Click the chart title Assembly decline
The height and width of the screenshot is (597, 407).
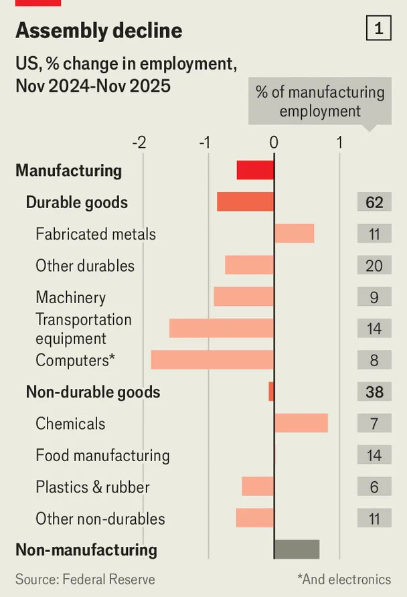[98, 31]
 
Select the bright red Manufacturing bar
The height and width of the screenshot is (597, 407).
[255, 170]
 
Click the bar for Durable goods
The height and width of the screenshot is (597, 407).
[245, 201]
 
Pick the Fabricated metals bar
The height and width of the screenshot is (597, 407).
[294, 234]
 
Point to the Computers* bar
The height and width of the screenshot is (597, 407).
[212, 360]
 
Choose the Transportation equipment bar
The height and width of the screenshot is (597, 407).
[222, 328]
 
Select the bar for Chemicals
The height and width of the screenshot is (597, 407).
[301, 423]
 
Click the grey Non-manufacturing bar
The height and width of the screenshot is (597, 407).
[297, 549]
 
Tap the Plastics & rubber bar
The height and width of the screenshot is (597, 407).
[258, 487]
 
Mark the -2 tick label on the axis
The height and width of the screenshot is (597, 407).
[139, 143]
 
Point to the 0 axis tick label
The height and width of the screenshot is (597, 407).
[274, 143]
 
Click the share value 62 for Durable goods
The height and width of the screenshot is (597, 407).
[374, 201]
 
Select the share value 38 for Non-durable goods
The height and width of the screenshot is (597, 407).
[374, 392]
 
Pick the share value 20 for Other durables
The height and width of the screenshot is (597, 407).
[374, 266]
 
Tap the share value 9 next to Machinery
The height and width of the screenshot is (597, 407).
[374, 297]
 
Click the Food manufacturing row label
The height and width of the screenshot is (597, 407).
[102, 456]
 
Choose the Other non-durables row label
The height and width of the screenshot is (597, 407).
[100, 519]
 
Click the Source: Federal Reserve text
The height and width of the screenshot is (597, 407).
[85, 580]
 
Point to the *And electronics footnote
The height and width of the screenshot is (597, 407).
[344, 580]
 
